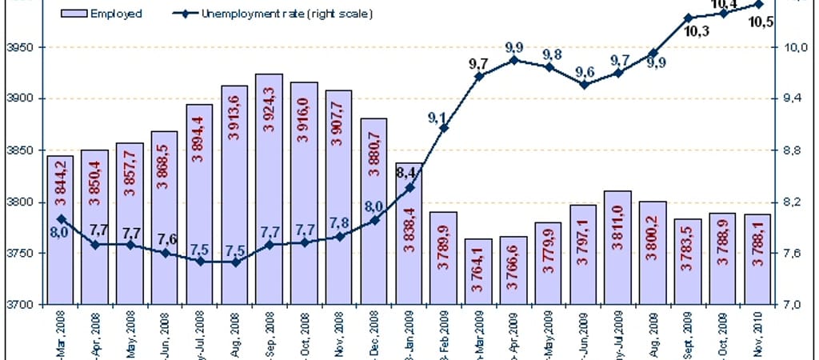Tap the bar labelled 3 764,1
click(x=477, y=272)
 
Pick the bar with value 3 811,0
click(x=617, y=247)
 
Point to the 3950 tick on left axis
click(x=18, y=48)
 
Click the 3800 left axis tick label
click(x=18, y=202)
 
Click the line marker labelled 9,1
click(x=444, y=128)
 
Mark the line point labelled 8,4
click(x=409, y=188)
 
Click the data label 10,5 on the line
click(x=760, y=22)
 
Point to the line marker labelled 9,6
click(x=583, y=84)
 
